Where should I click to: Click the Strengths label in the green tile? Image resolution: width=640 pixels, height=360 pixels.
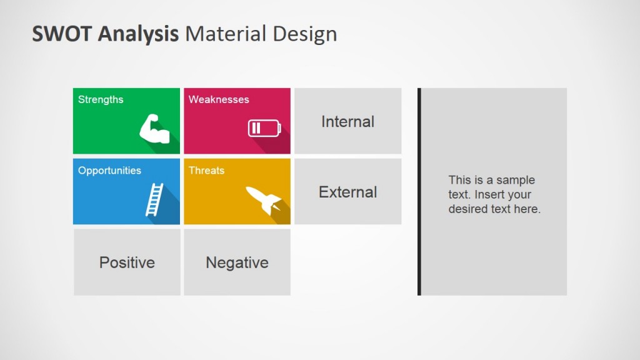click(x=101, y=99)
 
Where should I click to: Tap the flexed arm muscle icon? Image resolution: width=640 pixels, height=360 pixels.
click(x=154, y=129)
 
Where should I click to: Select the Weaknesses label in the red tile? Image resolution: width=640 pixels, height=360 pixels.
click(x=219, y=99)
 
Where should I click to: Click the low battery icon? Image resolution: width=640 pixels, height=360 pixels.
click(x=264, y=128)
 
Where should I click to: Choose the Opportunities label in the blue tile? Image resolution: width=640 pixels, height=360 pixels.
click(x=109, y=170)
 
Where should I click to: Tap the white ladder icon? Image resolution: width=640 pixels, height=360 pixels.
click(x=154, y=199)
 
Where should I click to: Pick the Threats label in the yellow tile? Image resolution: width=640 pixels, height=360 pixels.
click(x=206, y=170)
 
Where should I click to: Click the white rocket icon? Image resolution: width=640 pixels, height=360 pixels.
click(x=263, y=199)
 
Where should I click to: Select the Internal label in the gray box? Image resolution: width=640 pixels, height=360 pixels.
click(x=347, y=121)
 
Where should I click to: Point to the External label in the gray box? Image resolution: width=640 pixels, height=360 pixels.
click(x=347, y=192)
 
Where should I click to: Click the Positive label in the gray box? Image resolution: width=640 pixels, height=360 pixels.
click(x=127, y=262)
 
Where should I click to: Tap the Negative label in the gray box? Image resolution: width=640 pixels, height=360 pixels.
click(x=237, y=262)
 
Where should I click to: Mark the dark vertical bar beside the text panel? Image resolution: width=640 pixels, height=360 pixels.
click(x=419, y=191)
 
